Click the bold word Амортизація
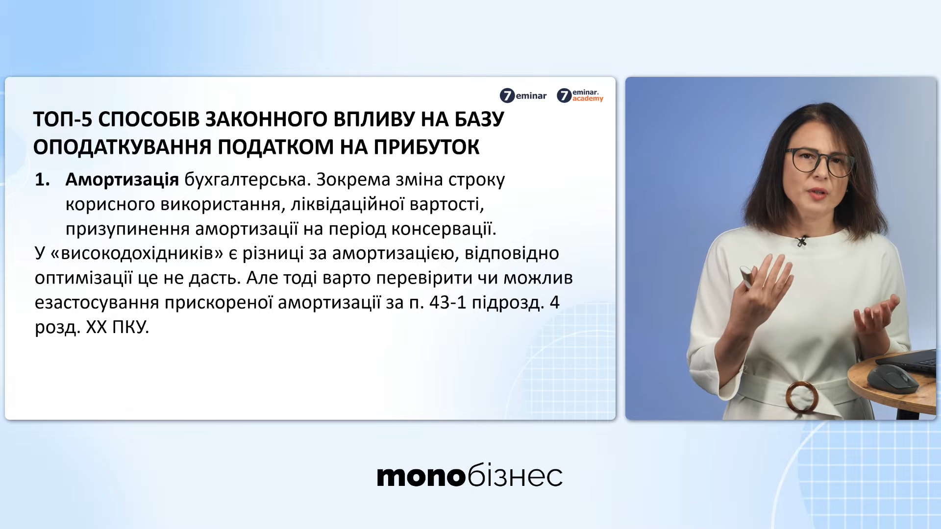tap(122, 180)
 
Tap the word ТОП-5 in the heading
tap(63, 120)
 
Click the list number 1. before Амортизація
tap(43, 180)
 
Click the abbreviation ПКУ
tap(130, 327)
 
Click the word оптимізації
tap(83, 278)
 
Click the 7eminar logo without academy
tap(523, 96)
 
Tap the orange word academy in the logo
tap(588, 99)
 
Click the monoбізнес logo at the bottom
tap(470, 475)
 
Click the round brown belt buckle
tap(802, 397)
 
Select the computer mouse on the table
tap(893, 379)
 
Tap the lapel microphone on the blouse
tap(802, 240)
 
